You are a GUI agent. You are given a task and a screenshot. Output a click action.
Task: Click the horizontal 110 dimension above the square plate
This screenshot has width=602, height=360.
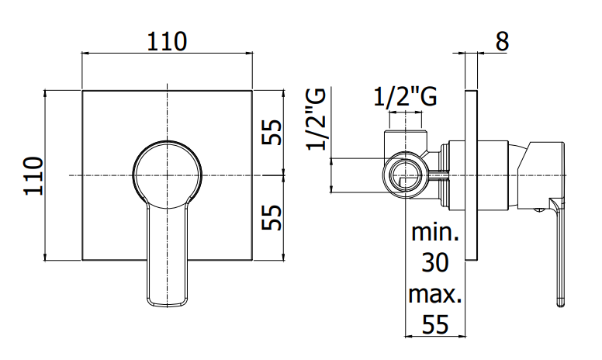(167, 41)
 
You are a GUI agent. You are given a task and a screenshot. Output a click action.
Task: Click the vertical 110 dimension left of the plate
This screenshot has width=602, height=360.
(33, 176)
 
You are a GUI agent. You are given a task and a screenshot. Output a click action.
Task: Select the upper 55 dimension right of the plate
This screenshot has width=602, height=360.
(272, 133)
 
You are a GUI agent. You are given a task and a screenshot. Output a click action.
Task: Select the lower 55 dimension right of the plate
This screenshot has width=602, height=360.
(272, 217)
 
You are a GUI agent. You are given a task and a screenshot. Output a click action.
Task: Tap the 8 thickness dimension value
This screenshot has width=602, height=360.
(502, 41)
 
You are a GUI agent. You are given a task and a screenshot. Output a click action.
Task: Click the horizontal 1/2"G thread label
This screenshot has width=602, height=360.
(406, 98)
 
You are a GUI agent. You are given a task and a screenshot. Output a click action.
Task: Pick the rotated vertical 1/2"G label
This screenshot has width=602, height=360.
(316, 119)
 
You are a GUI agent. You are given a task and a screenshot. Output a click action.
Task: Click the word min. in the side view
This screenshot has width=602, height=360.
(435, 232)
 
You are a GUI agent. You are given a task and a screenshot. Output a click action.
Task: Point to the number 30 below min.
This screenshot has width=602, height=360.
(435, 263)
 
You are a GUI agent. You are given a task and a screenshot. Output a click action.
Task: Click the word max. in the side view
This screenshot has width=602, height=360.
(435, 294)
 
